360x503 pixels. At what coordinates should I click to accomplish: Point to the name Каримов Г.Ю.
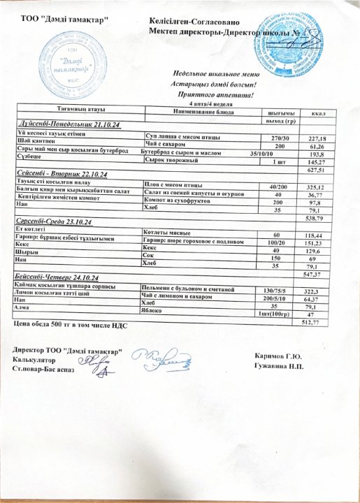coord(283,355)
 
